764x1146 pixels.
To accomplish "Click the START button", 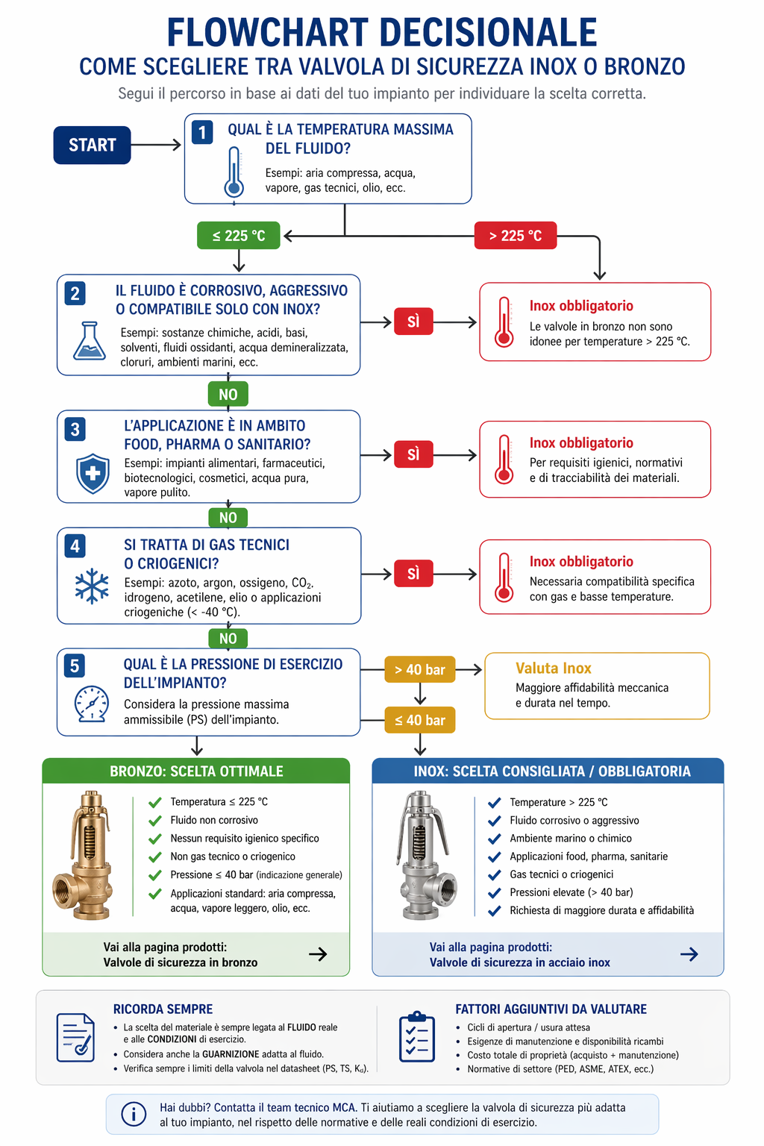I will [92, 145].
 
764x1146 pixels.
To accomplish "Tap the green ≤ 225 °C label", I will [239, 236].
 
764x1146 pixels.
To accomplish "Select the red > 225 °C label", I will [515, 236].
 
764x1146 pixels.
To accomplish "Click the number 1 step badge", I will [202, 132].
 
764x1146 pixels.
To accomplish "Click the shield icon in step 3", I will [93, 473].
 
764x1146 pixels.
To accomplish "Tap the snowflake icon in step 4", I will [92, 586].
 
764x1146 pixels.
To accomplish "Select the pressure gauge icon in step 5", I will [91, 703].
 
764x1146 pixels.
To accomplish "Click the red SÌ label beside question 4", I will [413, 574].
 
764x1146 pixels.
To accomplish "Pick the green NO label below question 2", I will [228, 395].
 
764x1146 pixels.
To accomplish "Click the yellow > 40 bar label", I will [419, 670].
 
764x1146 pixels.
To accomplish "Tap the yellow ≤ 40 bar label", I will [419, 720].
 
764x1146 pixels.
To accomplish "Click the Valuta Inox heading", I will [553, 668].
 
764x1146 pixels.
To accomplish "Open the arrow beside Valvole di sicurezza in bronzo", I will [318, 954].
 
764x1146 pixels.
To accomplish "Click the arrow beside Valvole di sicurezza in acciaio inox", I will [689, 954].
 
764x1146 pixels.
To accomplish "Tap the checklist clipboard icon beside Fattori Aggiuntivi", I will [417, 1037].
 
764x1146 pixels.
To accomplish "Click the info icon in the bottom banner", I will [134, 1114].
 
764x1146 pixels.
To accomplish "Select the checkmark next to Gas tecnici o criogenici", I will [494, 874].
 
